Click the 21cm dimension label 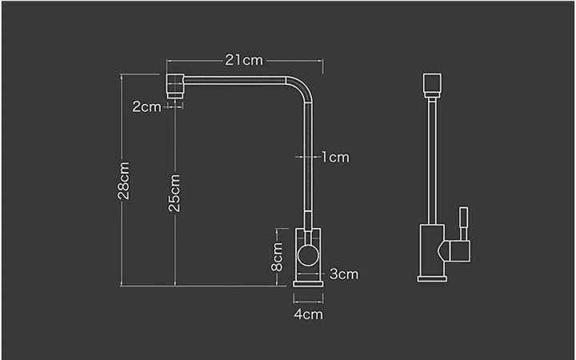click(243, 60)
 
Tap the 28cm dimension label click(123, 181)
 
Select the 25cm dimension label click(174, 193)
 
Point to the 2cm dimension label click(146, 106)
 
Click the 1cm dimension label click(335, 157)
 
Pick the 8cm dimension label click(277, 256)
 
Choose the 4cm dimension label click(308, 314)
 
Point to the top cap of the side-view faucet click(431, 84)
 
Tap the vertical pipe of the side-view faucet click(431, 160)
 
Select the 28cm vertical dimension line click(122, 240)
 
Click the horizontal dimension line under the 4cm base click(308, 302)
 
